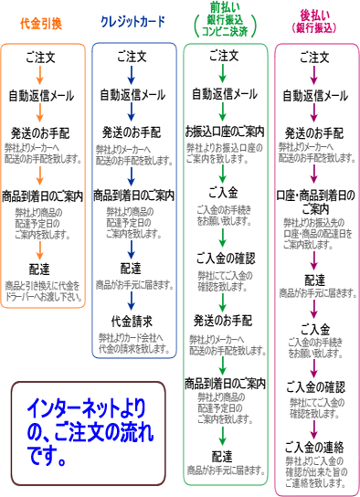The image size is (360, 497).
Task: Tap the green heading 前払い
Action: point(225,8)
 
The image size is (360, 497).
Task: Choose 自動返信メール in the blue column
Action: point(133,94)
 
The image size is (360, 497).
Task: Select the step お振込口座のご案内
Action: point(225,130)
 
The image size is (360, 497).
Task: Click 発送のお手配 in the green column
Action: point(225,320)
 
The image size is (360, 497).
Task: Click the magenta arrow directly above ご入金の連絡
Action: point(315,427)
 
